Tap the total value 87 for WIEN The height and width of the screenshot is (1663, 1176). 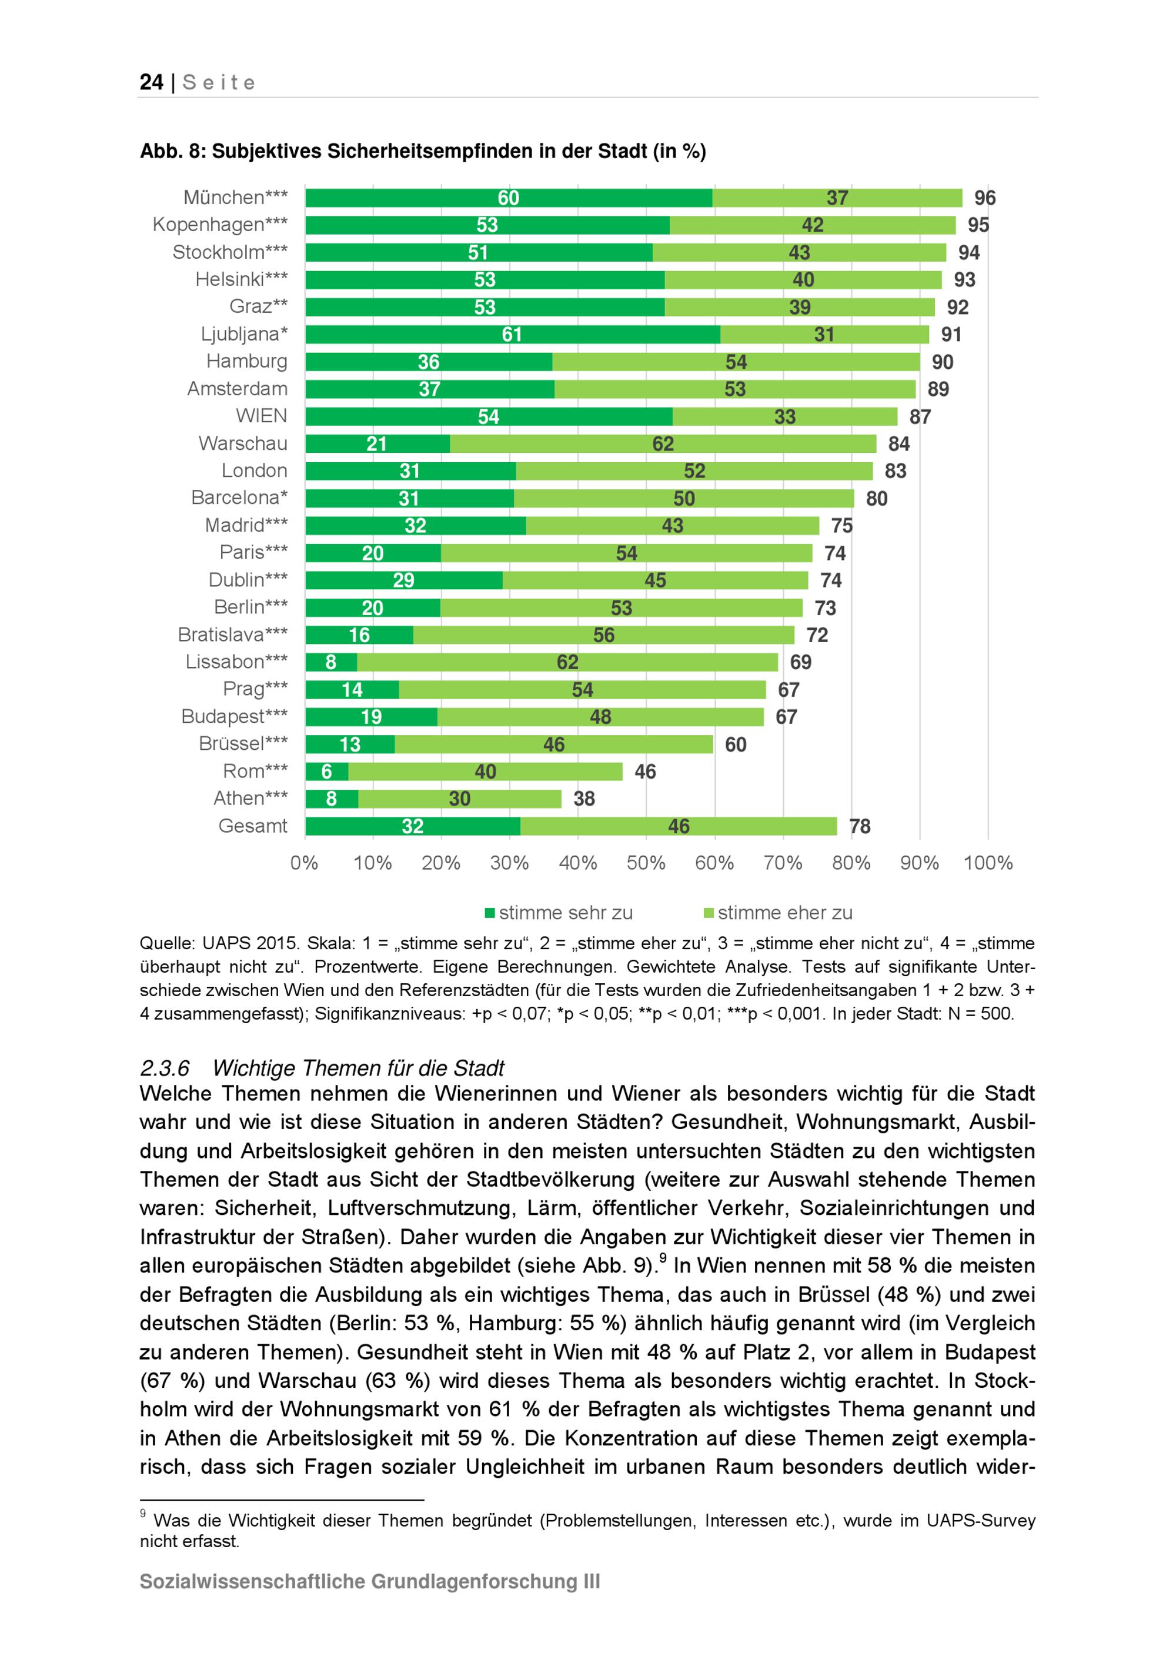point(920,416)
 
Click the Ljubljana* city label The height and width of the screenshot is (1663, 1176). point(244,334)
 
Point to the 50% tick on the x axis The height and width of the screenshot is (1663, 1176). point(646,863)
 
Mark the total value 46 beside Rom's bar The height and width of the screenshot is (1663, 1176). point(645,772)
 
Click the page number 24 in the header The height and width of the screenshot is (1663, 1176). point(151,82)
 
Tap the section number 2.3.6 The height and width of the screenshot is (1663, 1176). point(165,1068)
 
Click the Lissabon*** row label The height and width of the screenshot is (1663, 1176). point(236,662)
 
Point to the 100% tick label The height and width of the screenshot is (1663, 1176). point(988,863)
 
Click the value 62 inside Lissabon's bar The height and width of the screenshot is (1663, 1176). point(567,662)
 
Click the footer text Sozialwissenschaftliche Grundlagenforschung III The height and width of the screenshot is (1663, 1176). point(369,1581)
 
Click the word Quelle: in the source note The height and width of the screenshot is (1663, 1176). point(166,943)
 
